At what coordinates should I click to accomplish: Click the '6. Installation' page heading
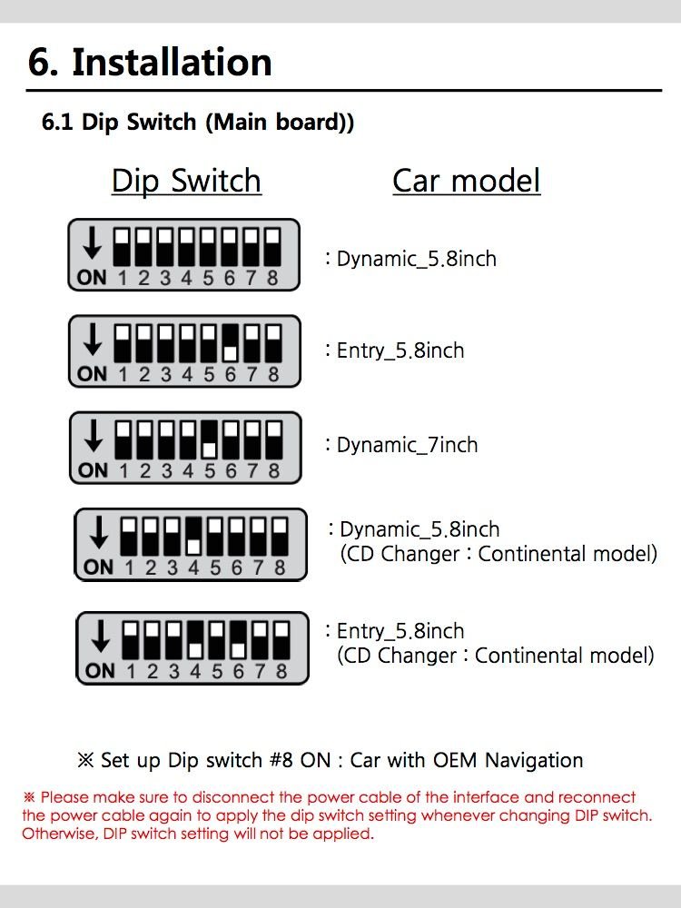pos(150,62)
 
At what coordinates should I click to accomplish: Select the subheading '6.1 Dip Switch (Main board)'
pos(197,123)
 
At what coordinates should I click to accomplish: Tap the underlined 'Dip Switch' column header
pos(186,181)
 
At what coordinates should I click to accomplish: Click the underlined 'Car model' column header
pos(466,181)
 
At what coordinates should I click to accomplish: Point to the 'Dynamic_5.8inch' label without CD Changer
pos(417,259)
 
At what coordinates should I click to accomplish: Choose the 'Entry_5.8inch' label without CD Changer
pos(400,350)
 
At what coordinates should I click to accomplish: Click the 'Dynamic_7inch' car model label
pos(407,445)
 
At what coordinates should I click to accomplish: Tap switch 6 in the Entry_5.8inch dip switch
pos(231,342)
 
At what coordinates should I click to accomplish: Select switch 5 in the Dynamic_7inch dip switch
pos(209,439)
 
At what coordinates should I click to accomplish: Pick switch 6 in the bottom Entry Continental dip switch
pos(238,639)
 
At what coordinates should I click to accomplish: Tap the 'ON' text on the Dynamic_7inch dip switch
pos(93,471)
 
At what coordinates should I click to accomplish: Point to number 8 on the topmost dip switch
pos(272,279)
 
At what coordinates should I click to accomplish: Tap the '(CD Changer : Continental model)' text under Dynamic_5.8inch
pos(498,554)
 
